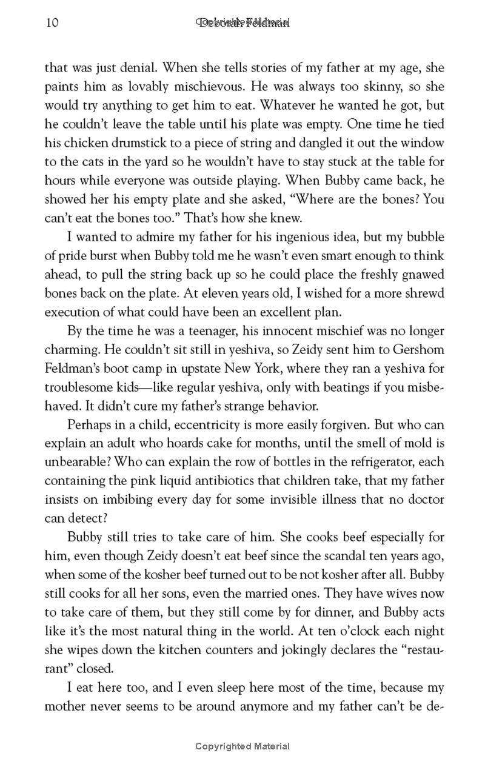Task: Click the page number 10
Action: pyautogui.click(x=51, y=23)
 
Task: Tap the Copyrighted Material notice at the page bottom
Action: pyautogui.click(x=242, y=746)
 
